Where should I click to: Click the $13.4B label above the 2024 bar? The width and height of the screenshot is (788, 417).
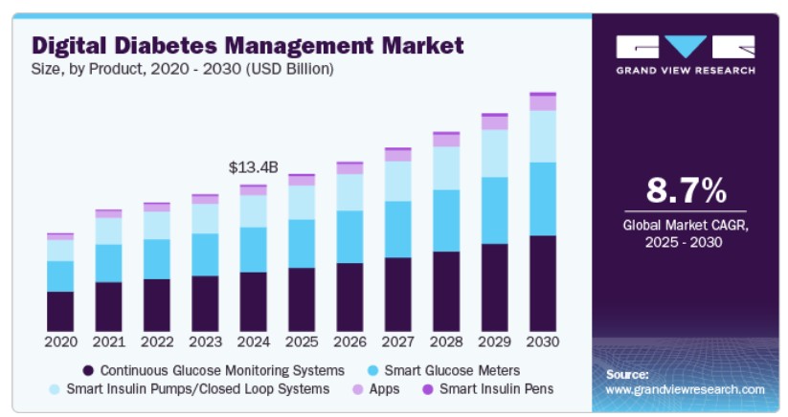(254, 167)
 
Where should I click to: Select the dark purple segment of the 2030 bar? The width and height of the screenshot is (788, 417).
(543, 283)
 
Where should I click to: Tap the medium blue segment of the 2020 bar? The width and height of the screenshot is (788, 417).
(60, 276)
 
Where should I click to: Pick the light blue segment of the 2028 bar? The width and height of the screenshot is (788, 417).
(446, 168)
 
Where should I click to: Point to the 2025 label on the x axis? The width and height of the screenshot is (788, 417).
(302, 342)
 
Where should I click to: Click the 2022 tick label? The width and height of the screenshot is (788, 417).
(157, 342)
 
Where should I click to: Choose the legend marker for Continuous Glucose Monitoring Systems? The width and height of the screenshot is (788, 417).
(88, 371)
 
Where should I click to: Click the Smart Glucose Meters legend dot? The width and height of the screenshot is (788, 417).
(372, 371)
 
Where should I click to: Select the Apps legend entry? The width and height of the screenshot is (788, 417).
(376, 389)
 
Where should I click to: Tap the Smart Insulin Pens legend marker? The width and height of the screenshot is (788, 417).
(428, 389)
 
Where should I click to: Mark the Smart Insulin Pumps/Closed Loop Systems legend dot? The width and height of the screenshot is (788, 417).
(55, 389)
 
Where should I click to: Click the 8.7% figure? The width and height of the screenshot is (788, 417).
(686, 190)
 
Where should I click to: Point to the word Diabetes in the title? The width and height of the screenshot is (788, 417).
(166, 46)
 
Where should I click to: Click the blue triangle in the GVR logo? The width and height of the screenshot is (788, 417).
(686, 46)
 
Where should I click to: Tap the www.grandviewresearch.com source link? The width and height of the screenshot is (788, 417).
(685, 389)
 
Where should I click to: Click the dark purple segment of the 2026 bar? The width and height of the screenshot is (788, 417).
(349, 297)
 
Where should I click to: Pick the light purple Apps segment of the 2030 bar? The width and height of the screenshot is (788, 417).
(543, 103)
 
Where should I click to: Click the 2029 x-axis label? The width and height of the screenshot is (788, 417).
(494, 342)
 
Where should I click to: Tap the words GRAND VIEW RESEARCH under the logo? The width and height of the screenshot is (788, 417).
(686, 71)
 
